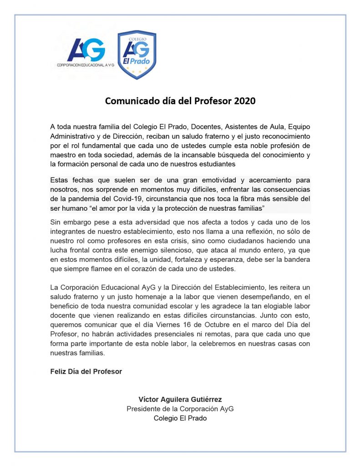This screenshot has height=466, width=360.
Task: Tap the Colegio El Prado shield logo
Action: click(x=137, y=54)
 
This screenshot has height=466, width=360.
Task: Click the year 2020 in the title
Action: click(x=245, y=101)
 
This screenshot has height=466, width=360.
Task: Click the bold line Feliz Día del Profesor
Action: click(x=86, y=371)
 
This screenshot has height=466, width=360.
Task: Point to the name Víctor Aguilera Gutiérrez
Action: click(x=180, y=399)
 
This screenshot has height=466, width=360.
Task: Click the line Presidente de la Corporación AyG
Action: click(x=180, y=409)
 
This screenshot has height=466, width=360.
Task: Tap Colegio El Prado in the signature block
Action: click(x=180, y=418)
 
